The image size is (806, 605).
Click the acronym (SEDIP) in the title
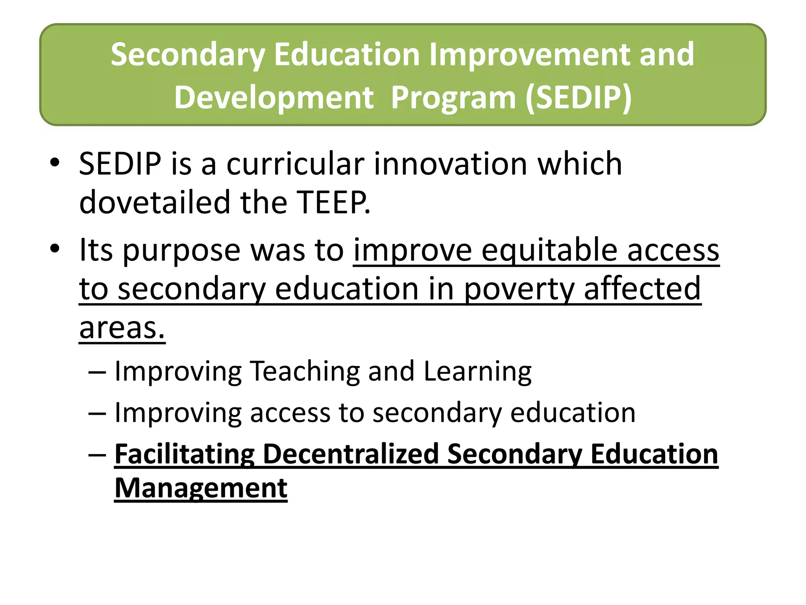click(579, 97)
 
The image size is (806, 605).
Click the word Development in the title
click(274, 97)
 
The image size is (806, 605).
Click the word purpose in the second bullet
click(181, 251)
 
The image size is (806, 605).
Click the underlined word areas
click(122, 328)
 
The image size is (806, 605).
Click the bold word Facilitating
click(184, 455)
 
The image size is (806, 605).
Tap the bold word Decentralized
click(351, 454)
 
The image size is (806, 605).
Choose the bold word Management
click(201, 488)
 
